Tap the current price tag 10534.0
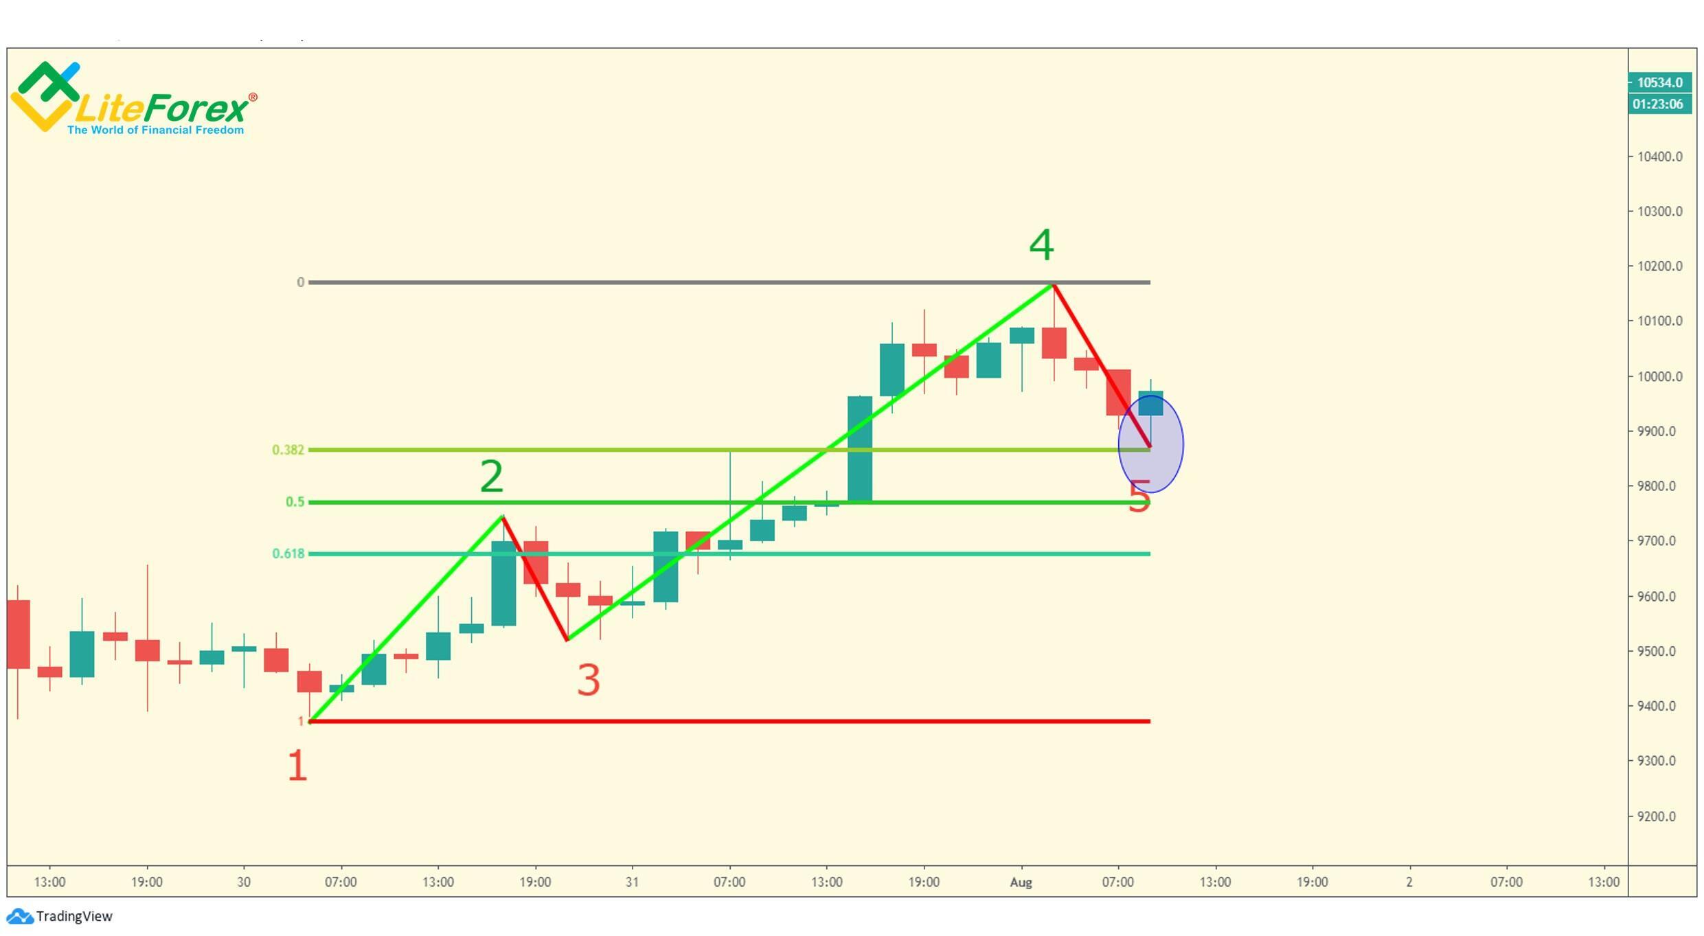1659,82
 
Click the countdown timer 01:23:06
1659,104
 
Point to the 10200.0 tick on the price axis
1659,266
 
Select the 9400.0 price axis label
1659,706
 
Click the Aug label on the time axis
1021,882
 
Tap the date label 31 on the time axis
632,882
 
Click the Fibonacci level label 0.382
288,450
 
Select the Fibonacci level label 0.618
288,553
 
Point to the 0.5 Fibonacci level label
295,502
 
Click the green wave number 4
1041,245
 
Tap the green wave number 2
491,477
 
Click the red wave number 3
589,681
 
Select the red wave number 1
297,766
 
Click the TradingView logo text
73,917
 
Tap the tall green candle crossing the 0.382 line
859,449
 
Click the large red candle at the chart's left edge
18,634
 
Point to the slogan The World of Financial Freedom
155,130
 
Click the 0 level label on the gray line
300,282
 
